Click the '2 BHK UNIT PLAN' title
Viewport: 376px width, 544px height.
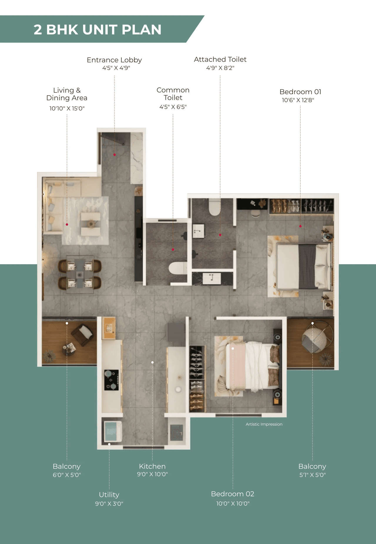point(98,29)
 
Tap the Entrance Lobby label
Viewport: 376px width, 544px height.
point(114,60)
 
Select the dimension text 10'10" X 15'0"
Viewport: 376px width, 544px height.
point(67,109)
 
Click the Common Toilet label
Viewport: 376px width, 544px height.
point(173,94)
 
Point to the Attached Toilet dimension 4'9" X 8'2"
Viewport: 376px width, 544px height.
point(220,68)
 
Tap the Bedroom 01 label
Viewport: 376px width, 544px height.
point(300,92)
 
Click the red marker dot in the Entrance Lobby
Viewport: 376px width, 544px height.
point(115,155)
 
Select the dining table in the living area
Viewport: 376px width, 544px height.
point(80,275)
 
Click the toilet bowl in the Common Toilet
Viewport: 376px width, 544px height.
point(177,268)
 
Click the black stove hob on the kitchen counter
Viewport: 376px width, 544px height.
point(111,380)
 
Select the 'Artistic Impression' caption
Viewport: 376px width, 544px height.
point(264,424)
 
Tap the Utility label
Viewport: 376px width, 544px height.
point(109,495)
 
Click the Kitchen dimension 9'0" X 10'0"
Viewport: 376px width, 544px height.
point(152,474)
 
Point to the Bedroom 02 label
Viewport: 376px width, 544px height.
point(232,494)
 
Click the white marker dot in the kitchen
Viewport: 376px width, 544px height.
point(152,362)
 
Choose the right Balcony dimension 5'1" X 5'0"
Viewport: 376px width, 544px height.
point(313,475)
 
